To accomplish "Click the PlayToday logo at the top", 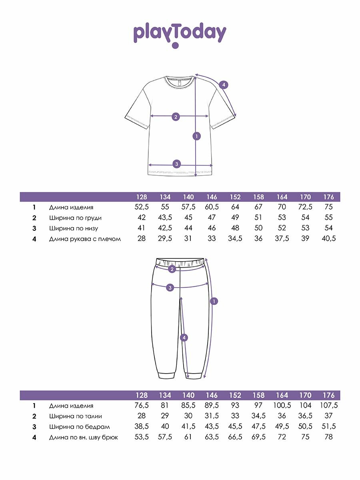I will coord(180,34).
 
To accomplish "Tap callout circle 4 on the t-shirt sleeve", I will coord(224,84).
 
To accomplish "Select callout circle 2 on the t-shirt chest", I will coord(175,117).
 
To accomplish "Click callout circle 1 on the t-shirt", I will coord(196,136).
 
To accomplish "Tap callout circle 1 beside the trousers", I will coord(214,301).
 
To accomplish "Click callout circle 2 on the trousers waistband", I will coord(172,269).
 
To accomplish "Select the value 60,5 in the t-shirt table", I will coord(212,207).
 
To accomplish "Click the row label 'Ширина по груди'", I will coord(75,218).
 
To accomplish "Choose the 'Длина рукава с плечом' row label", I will coord(85,239).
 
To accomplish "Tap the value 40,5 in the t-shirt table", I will coord(328,239).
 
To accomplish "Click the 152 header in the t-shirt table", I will coord(235,197).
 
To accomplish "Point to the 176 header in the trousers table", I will coord(328,395).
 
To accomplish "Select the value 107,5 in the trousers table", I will coord(328,406).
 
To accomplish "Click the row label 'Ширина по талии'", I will coord(76,416).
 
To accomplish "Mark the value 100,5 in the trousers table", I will coord(282,406).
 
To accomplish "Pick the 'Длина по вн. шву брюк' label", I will coord(84,437).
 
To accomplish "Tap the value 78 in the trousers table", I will coord(328,437).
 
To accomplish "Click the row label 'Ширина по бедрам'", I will coord(79,427).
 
